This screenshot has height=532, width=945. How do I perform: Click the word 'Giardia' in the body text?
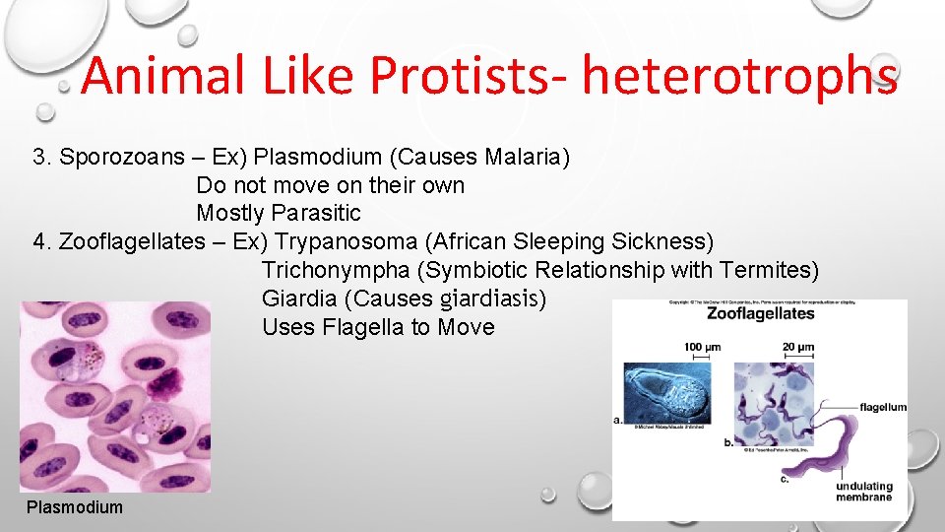click(x=293, y=299)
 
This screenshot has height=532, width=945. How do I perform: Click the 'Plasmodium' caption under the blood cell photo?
click(x=75, y=507)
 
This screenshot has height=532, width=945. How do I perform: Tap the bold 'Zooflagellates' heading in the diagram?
click(x=761, y=314)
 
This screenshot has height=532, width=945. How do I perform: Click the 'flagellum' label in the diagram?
click(x=883, y=407)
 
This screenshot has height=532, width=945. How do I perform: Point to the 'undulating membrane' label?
click(x=863, y=491)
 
